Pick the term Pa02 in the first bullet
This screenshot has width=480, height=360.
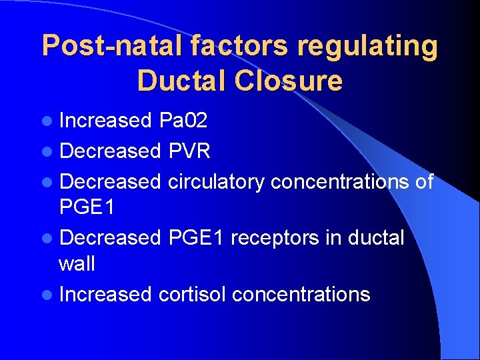[183, 121]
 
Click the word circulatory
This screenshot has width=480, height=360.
[216, 181]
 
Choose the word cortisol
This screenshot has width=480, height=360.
[189, 295]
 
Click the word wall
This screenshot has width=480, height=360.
[77, 264]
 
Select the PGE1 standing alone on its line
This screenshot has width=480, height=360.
[87, 207]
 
